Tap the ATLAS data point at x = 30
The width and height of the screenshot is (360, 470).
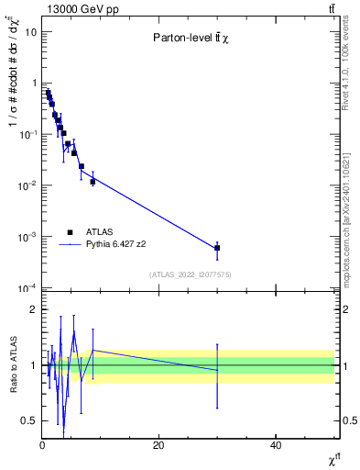(217, 248)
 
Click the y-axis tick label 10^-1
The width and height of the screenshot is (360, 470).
(28, 134)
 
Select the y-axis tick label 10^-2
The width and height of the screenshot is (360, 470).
(28, 185)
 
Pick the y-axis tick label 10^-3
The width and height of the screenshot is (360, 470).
(28, 237)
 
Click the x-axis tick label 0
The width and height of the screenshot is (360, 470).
(42, 445)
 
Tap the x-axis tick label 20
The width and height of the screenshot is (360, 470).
(158, 445)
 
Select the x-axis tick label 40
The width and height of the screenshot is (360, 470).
(276, 445)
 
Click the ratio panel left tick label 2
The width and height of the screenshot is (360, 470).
(33, 309)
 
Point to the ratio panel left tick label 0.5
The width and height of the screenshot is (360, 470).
(29, 420)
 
